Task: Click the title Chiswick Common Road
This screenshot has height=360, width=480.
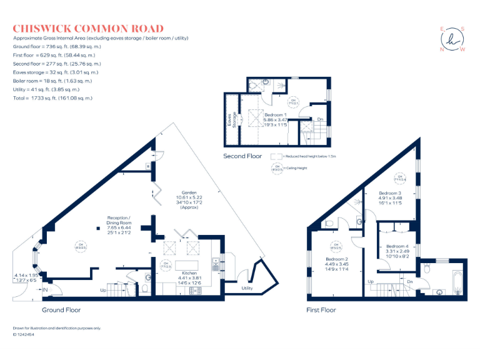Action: pos(88,29)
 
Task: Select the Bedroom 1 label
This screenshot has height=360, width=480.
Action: pos(276,116)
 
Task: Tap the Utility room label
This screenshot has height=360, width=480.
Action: pos(246,288)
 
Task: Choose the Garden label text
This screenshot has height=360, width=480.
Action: pos(189,192)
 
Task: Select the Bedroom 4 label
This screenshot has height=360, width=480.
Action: pos(398,246)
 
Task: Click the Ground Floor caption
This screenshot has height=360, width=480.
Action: pos(61,310)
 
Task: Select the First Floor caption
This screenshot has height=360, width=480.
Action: pos(321,310)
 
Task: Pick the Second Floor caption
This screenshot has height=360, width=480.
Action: pos(242,156)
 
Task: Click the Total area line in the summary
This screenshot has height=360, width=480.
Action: pos(52,98)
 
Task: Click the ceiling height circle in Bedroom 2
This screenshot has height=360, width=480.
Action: pos(335,245)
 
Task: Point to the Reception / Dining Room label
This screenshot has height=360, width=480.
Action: pos(119,221)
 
